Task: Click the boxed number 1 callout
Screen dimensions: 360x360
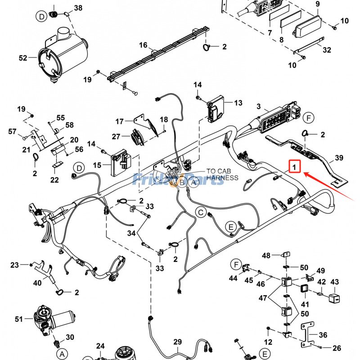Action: click(x=294, y=167)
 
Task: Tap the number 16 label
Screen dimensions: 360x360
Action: click(x=143, y=45)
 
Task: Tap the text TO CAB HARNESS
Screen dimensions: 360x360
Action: click(x=222, y=174)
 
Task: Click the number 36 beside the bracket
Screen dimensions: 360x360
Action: click(x=336, y=335)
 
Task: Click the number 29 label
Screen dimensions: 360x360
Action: click(x=177, y=342)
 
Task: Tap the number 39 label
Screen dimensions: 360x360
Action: click(x=339, y=158)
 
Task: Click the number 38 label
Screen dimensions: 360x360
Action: click(x=78, y=8)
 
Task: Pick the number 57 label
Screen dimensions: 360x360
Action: click(x=12, y=131)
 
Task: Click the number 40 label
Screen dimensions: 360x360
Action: click(x=37, y=283)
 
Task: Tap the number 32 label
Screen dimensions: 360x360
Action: click(x=327, y=50)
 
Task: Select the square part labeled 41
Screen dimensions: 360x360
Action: click(x=304, y=288)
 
